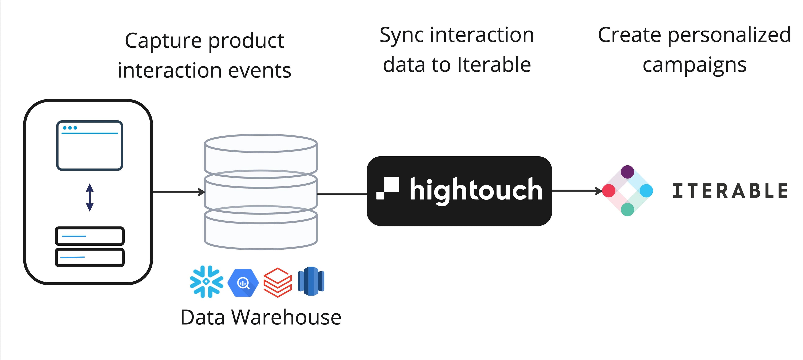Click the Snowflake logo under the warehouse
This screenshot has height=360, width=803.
click(x=206, y=281)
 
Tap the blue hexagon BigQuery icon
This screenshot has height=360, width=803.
click(x=243, y=283)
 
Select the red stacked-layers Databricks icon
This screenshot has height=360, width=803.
click(x=277, y=282)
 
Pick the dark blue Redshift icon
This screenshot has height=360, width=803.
click(x=311, y=281)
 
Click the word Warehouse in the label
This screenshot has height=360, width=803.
click(x=286, y=318)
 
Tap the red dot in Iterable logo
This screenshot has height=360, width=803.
click(x=609, y=191)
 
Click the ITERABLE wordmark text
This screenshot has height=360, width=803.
click(x=730, y=191)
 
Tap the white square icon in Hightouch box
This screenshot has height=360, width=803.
click(x=388, y=188)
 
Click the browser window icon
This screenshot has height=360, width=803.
click(x=90, y=146)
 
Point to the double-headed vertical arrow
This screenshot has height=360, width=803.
click(x=90, y=197)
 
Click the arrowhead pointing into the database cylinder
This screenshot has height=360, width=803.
click(x=202, y=192)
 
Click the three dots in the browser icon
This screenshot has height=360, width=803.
click(x=70, y=128)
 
